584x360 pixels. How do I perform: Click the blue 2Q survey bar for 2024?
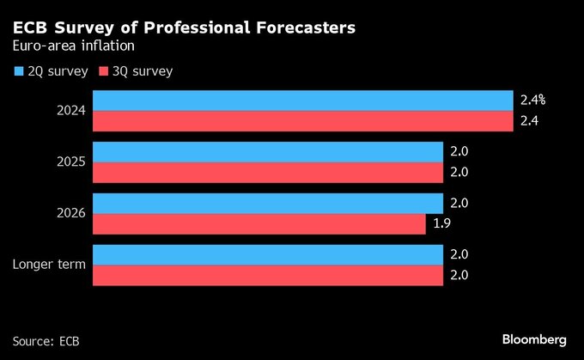coord(303,101)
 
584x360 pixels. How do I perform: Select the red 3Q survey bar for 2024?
coord(303,121)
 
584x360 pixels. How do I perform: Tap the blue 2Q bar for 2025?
coord(268,152)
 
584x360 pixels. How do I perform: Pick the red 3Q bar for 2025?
coord(268,173)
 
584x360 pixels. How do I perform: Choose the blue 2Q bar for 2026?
coord(268,204)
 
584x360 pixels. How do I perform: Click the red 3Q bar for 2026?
coord(259,224)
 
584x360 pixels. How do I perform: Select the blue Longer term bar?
coord(268,255)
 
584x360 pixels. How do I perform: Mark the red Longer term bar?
coord(268,276)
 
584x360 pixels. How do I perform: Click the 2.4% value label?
coord(532,101)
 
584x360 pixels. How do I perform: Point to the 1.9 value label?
coord(441,224)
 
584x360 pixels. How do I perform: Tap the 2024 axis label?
coord(71,111)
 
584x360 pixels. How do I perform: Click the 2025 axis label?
coord(71,162)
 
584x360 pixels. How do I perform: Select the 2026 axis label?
coord(71,213)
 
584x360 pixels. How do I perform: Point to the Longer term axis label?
coord(49,265)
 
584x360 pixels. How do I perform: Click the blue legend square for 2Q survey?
coord(19,71)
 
